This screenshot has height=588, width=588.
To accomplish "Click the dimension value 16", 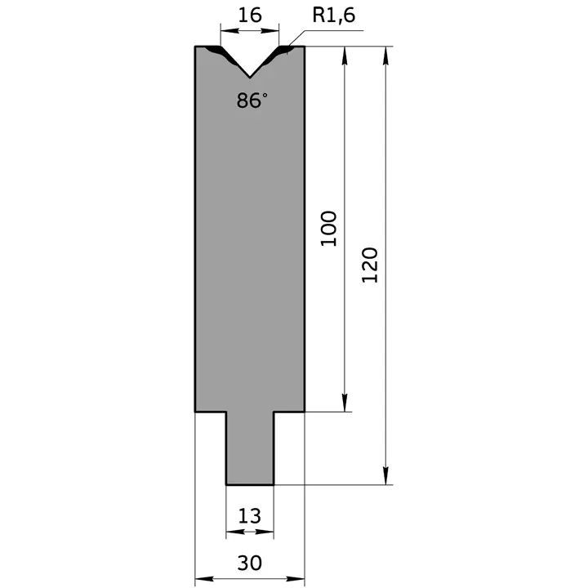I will pos(250,16).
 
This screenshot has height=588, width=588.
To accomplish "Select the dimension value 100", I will pos(328,229).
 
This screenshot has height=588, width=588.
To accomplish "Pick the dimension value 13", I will pos(250,515).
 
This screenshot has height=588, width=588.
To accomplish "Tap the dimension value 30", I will pos(250,563).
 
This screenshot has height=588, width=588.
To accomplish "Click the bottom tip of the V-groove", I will pos(250,77).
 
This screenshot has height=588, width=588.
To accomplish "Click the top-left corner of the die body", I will pos(195,47).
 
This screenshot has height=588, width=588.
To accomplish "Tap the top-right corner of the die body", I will pos(305,47).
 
